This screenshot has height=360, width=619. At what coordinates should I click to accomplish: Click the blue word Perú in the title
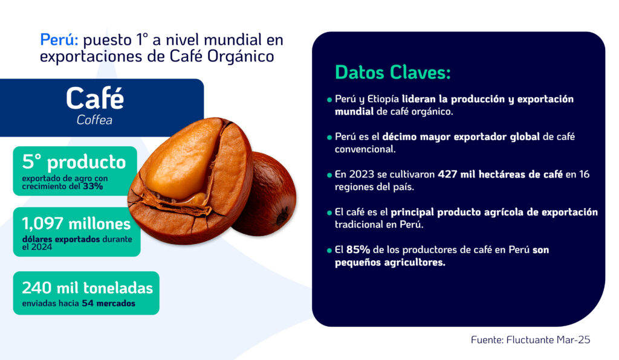click(x=59, y=40)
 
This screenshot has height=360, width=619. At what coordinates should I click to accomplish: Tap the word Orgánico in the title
click(x=241, y=56)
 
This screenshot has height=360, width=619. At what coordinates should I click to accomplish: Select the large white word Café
click(x=95, y=98)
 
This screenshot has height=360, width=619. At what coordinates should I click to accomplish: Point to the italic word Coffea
click(x=94, y=120)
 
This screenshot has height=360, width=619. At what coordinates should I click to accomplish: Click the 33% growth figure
click(x=92, y=186)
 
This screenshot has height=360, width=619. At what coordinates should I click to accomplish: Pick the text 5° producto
click(x=74, y=162)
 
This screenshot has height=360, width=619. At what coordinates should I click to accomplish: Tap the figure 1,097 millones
click(x=76, y=224)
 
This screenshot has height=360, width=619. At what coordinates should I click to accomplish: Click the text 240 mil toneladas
click(x=87, y=288)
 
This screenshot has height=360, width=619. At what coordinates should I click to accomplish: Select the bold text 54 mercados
click(x=109, y=304)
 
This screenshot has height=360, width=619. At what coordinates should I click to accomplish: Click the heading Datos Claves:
click(x=393, y=72)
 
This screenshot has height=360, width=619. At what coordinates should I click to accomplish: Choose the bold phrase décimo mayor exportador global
click(x=461, y=137)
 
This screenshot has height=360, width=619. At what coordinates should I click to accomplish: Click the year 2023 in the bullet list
click(x=361, y=175)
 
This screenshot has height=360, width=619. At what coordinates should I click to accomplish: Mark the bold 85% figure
click(x=358, y=249)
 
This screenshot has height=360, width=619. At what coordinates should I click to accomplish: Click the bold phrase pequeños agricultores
click(x=390, y=263)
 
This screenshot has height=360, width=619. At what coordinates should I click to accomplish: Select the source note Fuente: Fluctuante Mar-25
click(x=530, y=340)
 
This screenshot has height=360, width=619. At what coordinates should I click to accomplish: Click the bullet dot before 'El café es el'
click(x=329, y=213)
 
